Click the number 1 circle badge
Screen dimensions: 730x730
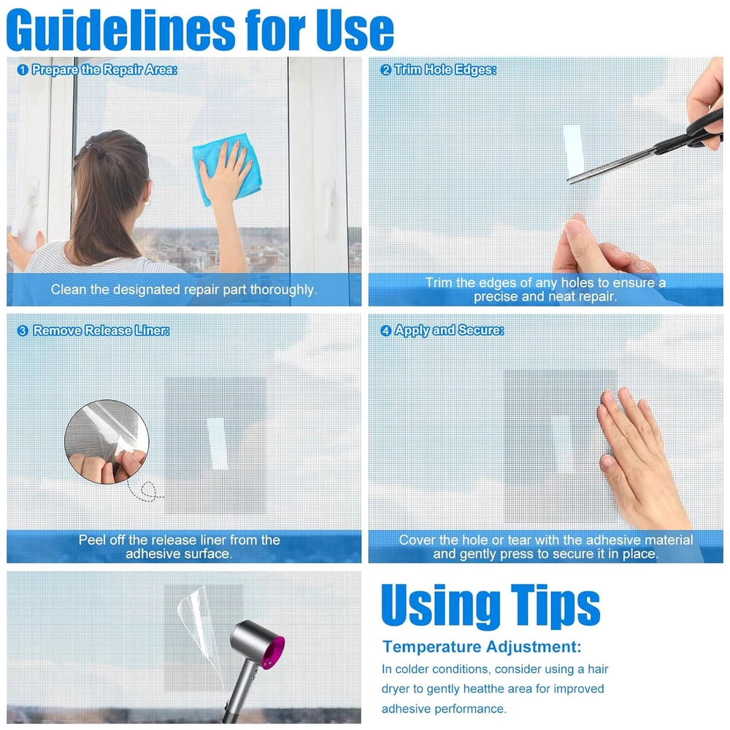pos(23,70)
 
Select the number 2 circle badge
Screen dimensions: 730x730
pos(385,70)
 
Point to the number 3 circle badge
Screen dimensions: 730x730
pos(23,331)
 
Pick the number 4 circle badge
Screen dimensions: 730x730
pos(385,331)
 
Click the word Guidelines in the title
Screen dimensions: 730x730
pos(121,30)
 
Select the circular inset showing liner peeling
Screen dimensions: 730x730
pos(107,442)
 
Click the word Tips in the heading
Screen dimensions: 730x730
pos(556,605)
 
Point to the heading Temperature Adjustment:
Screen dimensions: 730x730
pos(482,647)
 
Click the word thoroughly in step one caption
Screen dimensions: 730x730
pos(283,290)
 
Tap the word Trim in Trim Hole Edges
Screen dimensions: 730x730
pos(408,70)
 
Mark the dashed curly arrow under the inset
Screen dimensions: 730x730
pos(145,491)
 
